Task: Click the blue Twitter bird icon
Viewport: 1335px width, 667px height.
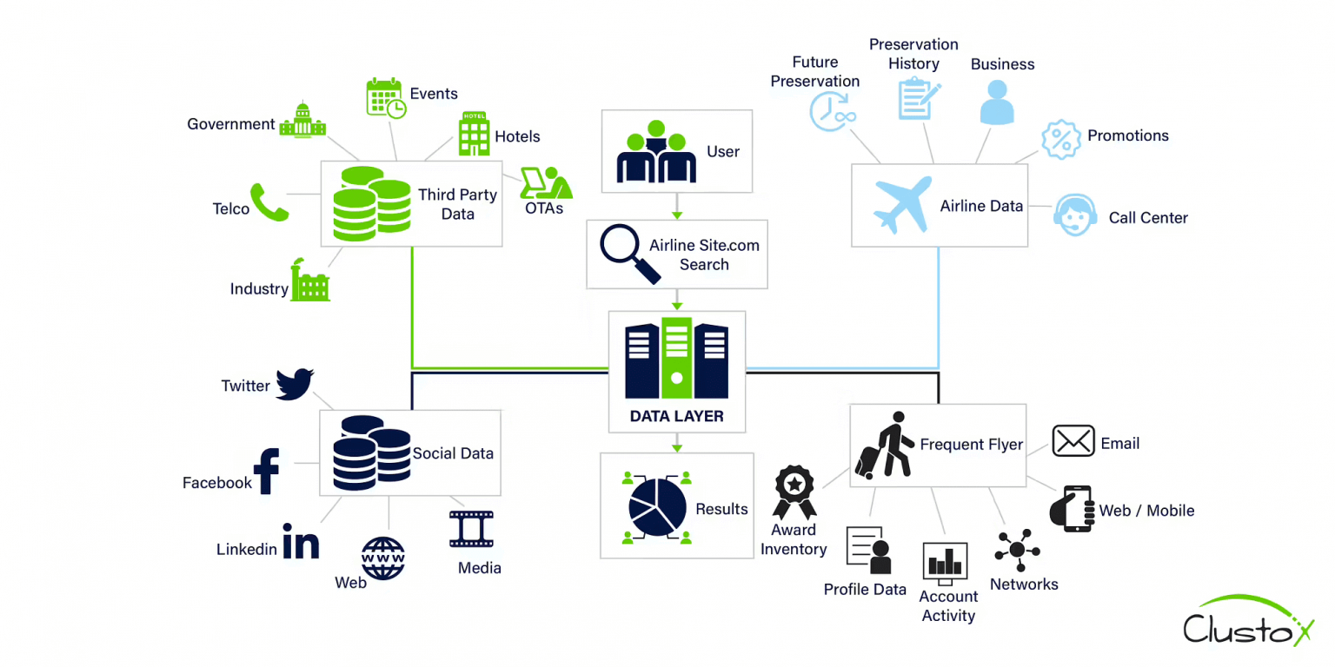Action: click(x=294, y=384)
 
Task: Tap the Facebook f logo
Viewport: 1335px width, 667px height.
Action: click(x=266, y=472)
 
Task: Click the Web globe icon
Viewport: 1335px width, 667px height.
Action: click(x=383, y=558)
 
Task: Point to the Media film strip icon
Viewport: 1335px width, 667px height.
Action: click(x=471, y=529)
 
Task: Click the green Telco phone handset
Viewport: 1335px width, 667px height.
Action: click(x=269, y=201)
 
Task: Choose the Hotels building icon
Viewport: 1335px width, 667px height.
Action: click(x=475, y=134)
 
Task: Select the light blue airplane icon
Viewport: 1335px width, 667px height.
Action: click(x=903, y=205)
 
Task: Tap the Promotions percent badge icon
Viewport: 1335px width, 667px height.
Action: click(x=1059, y=140)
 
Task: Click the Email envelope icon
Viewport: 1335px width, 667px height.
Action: click(x=1073, y=441)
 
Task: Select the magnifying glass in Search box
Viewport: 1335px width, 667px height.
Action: click(x=630, y=254)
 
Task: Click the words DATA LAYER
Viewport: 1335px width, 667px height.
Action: click(x=676, y=417)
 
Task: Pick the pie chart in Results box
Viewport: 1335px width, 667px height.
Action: click(x=654, y=507)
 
